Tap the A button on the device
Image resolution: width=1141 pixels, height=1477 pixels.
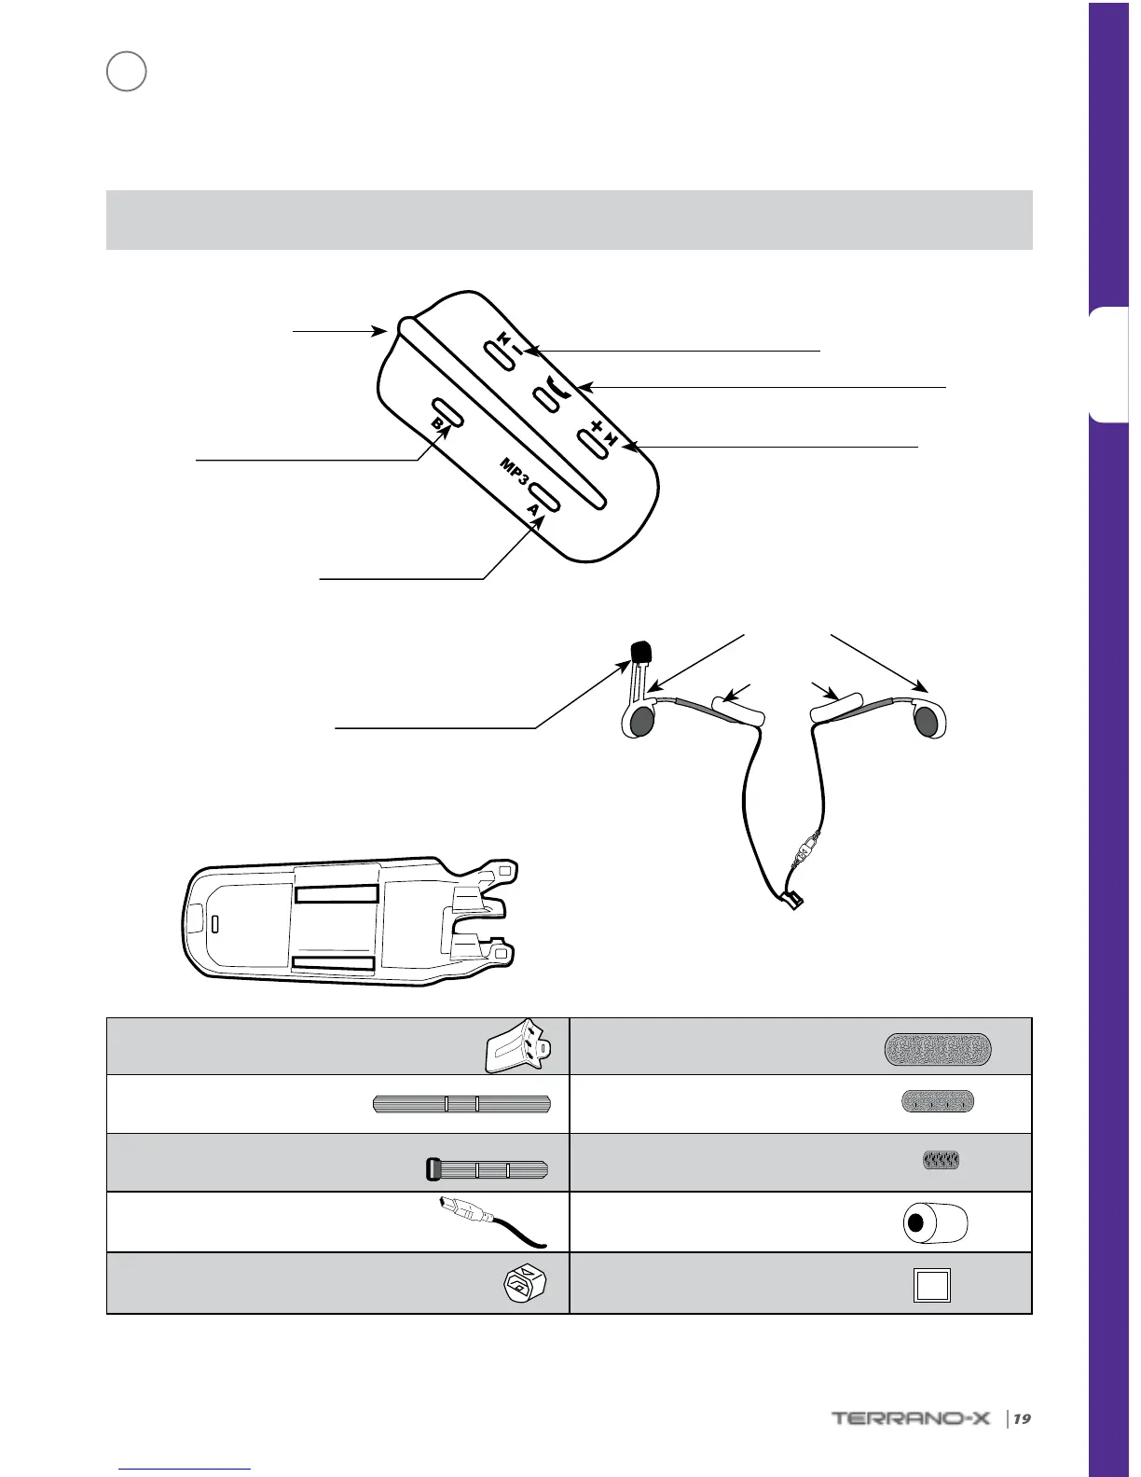(542, 497)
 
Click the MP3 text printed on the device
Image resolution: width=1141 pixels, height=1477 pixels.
(515, 472)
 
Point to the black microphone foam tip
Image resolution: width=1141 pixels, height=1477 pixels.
(639, 650)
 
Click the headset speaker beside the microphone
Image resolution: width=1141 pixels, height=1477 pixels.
(639, 721)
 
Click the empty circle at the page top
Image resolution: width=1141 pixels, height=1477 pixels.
(126, 71)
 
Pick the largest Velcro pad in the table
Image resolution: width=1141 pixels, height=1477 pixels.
(937, 1049)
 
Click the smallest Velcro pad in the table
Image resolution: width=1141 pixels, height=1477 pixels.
(940, 1161)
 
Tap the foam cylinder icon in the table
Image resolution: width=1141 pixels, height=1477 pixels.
(935, 1222)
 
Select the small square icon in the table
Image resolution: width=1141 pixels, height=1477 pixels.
(931, 1286)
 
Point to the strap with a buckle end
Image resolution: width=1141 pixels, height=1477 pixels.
(486, 1168)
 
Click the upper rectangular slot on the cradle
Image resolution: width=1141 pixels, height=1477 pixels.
(337, 894)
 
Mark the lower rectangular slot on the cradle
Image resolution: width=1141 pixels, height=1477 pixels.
(334, 963)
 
